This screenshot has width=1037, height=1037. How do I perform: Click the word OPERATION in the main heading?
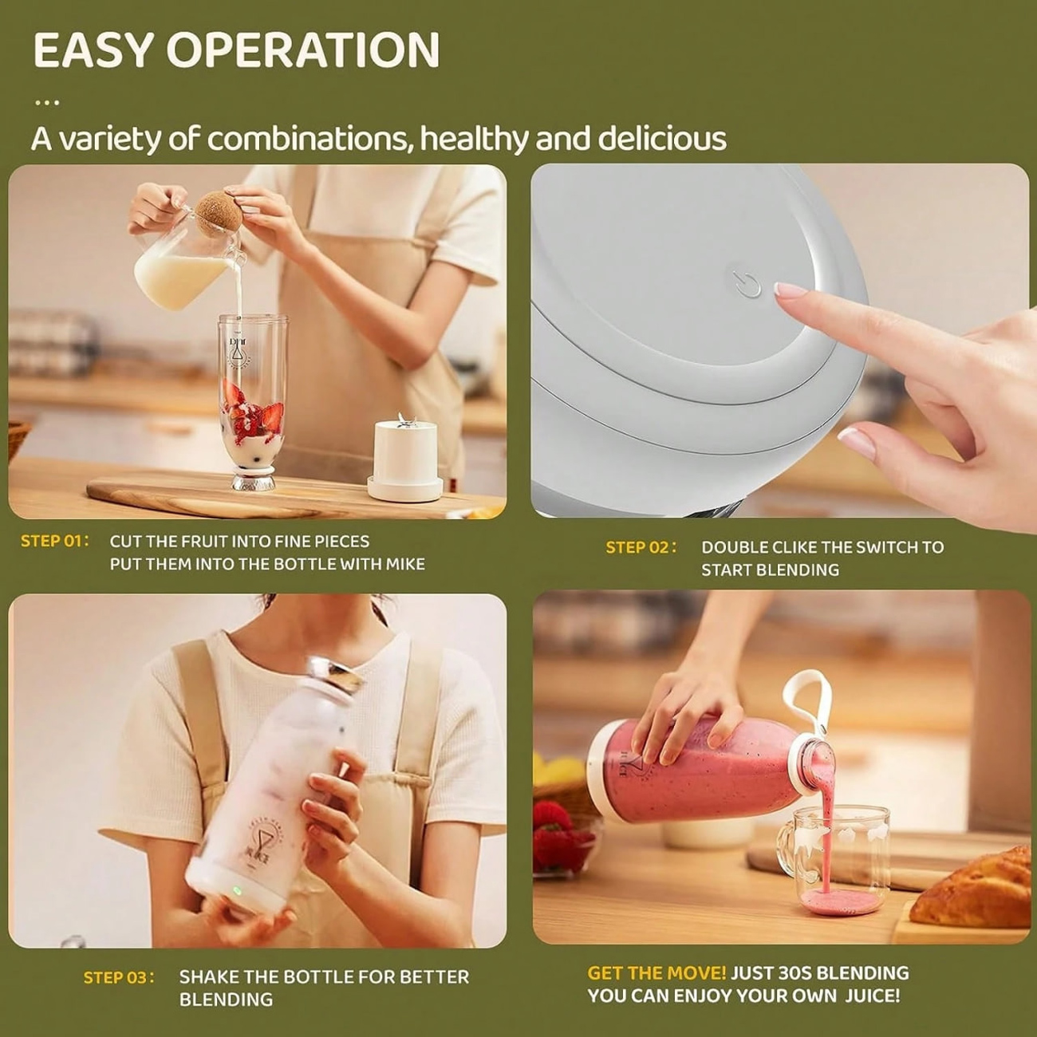(303, 49)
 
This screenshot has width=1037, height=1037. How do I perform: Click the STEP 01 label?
(54, 541)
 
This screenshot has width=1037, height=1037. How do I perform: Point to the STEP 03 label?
(119, 977)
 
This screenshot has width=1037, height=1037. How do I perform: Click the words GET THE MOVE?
(657, 973)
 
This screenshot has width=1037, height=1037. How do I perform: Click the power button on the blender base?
(746, 283)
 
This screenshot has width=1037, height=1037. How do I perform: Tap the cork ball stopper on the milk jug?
(218, 214)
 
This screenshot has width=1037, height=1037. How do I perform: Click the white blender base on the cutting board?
(405, 460)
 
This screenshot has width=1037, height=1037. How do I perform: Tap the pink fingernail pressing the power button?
(790, 290)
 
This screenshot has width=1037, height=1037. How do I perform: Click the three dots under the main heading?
(47, 102)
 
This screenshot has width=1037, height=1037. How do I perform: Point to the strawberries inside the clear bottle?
(252, 408)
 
